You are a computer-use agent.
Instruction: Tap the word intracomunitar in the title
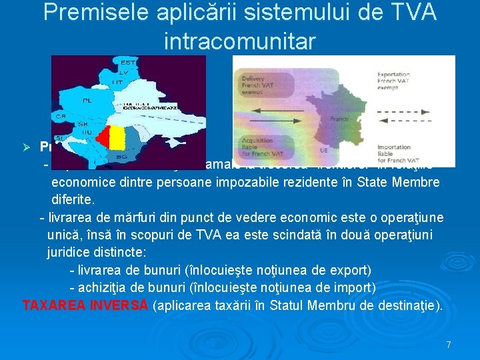pos(240,41)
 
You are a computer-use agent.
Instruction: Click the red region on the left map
pos(103,139)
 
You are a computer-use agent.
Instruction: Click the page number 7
pos(449,345)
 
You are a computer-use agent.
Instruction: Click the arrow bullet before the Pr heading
pos(28,147)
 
